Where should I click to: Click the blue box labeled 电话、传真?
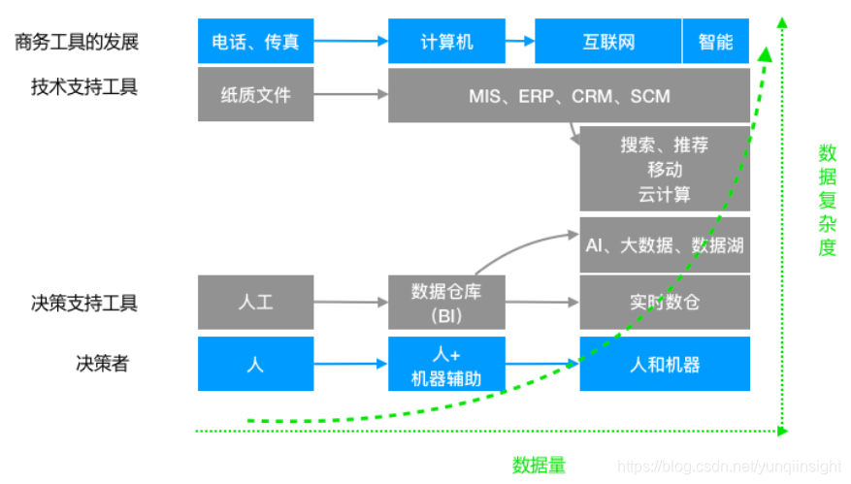[x=255, y=42]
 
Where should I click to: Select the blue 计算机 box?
[x=446, y=42]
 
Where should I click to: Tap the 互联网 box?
[x=608, y=42]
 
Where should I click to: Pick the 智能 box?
[x=716, y=42]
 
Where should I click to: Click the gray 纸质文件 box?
[x=255, y=95]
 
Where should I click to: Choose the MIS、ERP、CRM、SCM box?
[x=569, y=95]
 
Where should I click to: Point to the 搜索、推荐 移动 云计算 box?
[x=665, y=169]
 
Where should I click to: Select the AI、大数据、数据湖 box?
[x=665, y=244]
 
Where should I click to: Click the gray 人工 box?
[x=255, y=303]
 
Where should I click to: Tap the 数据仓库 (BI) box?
[x=446, y=303]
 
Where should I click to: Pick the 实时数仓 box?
[x=665, y=303]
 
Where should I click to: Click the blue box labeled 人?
[x=255, y=365]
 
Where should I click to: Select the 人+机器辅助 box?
[x=446, y=365]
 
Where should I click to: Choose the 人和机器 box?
[x=665, y=365]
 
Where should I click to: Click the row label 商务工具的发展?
[x=77, y=42]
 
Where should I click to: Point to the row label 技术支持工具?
[x=84, y=87]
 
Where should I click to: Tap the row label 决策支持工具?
[x=84, y=304]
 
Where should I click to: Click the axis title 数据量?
[x=540, y=465]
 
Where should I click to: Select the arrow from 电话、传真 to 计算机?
[x=350, y=42]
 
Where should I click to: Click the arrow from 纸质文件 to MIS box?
[x=350, y=95]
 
